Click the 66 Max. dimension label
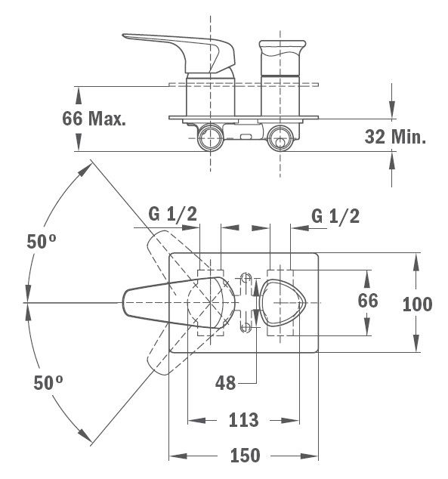[x=94, y=119]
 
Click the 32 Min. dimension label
[x=395, y=137]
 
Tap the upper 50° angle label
[x=42, y=241]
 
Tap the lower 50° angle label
[x=48, y=382]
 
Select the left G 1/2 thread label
[x=172, y=214]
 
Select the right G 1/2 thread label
[x=335, y=216]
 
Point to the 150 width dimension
[x=245, y=456]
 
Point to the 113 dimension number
[x=243, y=420]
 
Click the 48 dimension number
[x=225, y=383]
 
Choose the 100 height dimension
[x=417, y=304]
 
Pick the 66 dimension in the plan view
[x=368, y=301]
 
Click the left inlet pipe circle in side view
[x=211, y=138]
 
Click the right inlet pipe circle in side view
[x=280, y=138]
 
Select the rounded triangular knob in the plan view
[x=283, y=302]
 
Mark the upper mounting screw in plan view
[x=246, y=278]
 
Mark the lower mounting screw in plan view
[x=246, y=327]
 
